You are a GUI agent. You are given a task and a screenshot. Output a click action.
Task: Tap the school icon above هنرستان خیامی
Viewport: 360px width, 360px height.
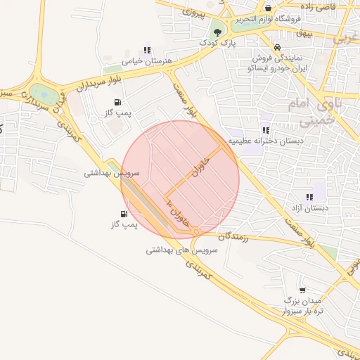point(146,50)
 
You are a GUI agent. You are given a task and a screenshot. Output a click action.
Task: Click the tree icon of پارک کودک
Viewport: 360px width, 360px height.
point(217,32)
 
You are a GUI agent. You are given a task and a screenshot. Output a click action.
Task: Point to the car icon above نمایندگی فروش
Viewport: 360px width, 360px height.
point(278,47)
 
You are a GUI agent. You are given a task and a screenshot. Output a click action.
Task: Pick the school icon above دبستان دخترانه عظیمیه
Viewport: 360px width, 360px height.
point(265,129)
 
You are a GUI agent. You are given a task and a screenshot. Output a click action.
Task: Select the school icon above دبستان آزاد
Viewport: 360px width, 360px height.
point(309,197)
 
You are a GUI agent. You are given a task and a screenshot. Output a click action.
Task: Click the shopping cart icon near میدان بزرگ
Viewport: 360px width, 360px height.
point(302,289)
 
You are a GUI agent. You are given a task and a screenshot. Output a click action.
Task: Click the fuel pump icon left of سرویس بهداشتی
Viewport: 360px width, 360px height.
point(124,214)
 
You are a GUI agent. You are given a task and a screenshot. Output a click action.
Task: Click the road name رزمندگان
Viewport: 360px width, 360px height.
point(235,237)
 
